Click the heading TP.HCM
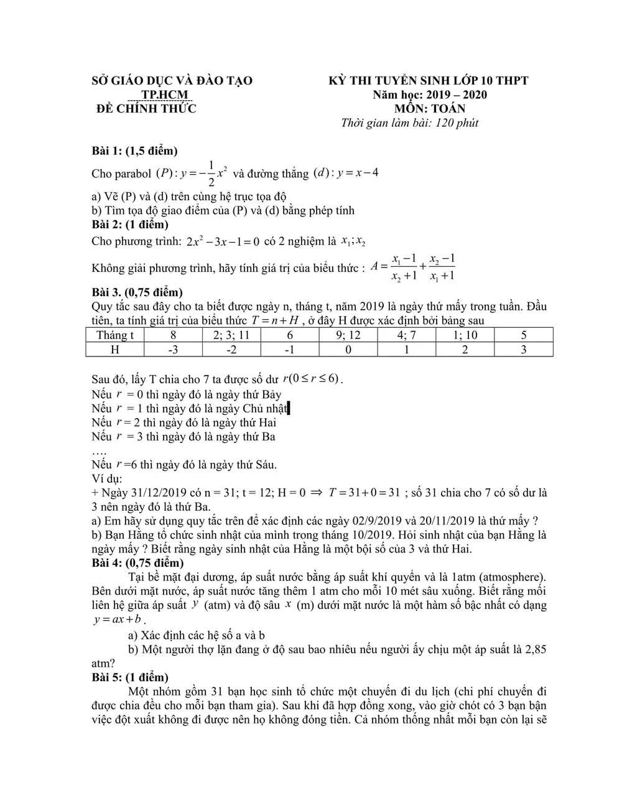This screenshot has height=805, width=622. coord(165,95)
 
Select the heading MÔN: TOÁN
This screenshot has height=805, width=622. coord(430,108)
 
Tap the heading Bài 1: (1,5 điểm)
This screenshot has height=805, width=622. coord(134,151)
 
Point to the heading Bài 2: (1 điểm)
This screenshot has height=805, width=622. coord(130,225)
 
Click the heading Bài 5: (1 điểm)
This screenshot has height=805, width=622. coord(130,677)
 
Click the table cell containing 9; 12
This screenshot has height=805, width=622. coord(348,335)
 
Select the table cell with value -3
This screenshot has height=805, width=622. coord(173,349)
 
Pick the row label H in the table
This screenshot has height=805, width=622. coord(114,349)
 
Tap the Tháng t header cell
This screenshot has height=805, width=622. coord(114,335)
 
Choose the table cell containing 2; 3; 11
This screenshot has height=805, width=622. coord(231,335)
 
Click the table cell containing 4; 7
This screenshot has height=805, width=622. coord(406,335)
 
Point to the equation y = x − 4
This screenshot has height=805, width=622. coord(357,172)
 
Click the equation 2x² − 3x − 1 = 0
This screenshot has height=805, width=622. coord(222,241)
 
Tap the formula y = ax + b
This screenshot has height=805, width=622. coord(117,620)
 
